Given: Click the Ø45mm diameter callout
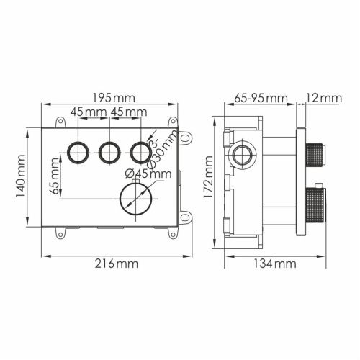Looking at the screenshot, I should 148,173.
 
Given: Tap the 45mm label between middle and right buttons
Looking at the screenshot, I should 128,112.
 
